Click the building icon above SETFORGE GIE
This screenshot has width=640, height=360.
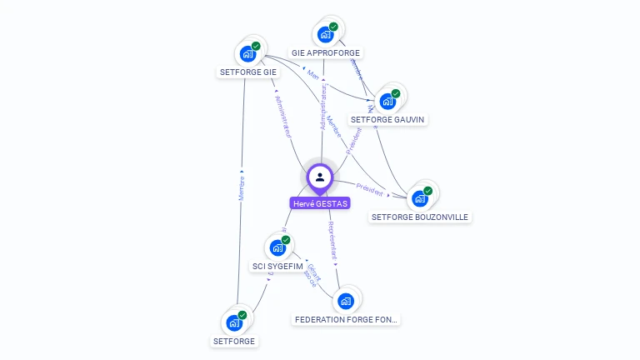tap(247, 54)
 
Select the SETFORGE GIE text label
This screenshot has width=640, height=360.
tap(247, 72)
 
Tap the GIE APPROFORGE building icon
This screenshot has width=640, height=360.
tap(325, 35)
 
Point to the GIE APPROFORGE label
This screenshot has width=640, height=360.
tap(326, 52)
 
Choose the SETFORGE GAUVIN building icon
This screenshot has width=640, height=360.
tap(387, 102)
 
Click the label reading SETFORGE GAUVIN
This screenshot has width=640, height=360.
tap(387, 119)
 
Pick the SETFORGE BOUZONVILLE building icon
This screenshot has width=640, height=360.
tap(419, 199)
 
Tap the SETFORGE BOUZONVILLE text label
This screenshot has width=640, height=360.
tap(420, 217)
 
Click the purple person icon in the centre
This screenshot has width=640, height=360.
tap(320, 177)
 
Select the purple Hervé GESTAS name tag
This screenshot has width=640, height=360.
tap(320, 203)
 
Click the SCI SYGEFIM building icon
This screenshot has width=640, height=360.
tap(277, 247)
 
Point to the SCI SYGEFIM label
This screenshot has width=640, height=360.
tap(277, 267)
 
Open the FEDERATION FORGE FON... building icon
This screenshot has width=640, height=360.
tap(347, 300)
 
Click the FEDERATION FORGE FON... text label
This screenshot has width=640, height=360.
tap(347, 319)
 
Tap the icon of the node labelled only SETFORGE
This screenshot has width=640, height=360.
tap(234, 322)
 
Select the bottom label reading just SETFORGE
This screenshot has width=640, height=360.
tap(234, 341)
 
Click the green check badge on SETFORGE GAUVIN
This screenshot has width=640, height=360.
tap(396, 93)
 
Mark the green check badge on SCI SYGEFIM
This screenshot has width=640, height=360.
tap(286, 240)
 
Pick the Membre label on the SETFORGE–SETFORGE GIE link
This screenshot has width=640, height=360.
tap(241, 187)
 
